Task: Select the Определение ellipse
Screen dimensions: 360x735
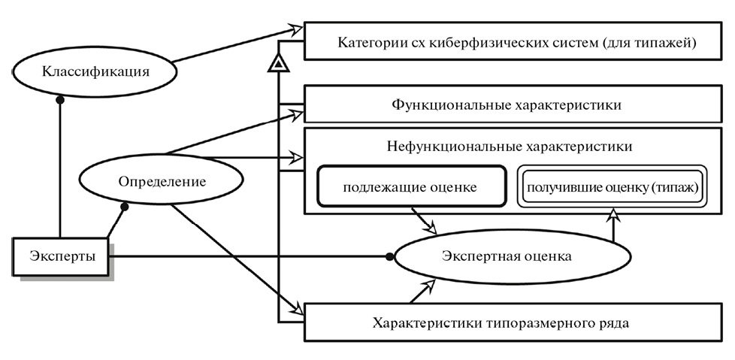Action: [x=162, y=181]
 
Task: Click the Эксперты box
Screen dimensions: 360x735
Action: [x=62, y=256]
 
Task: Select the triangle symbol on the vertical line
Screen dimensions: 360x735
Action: [x=279, y=66]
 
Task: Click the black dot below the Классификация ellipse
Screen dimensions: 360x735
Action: [x=59, y=98]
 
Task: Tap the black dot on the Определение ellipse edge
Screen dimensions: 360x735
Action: [x=126, y=204]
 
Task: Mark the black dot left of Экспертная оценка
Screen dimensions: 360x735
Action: [x=389, y=257]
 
